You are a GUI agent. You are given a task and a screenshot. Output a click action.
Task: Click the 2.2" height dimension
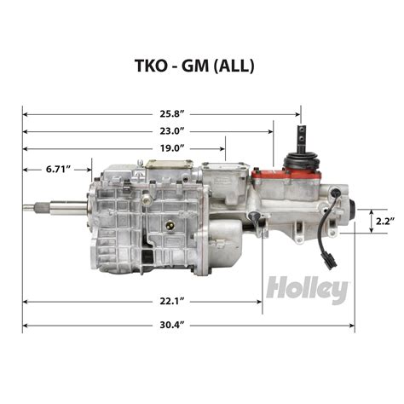pos(384,221)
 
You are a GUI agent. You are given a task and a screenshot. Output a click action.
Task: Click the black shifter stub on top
pos(302,140)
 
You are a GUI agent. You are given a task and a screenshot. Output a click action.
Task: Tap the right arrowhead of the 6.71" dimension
pos(88,170)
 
